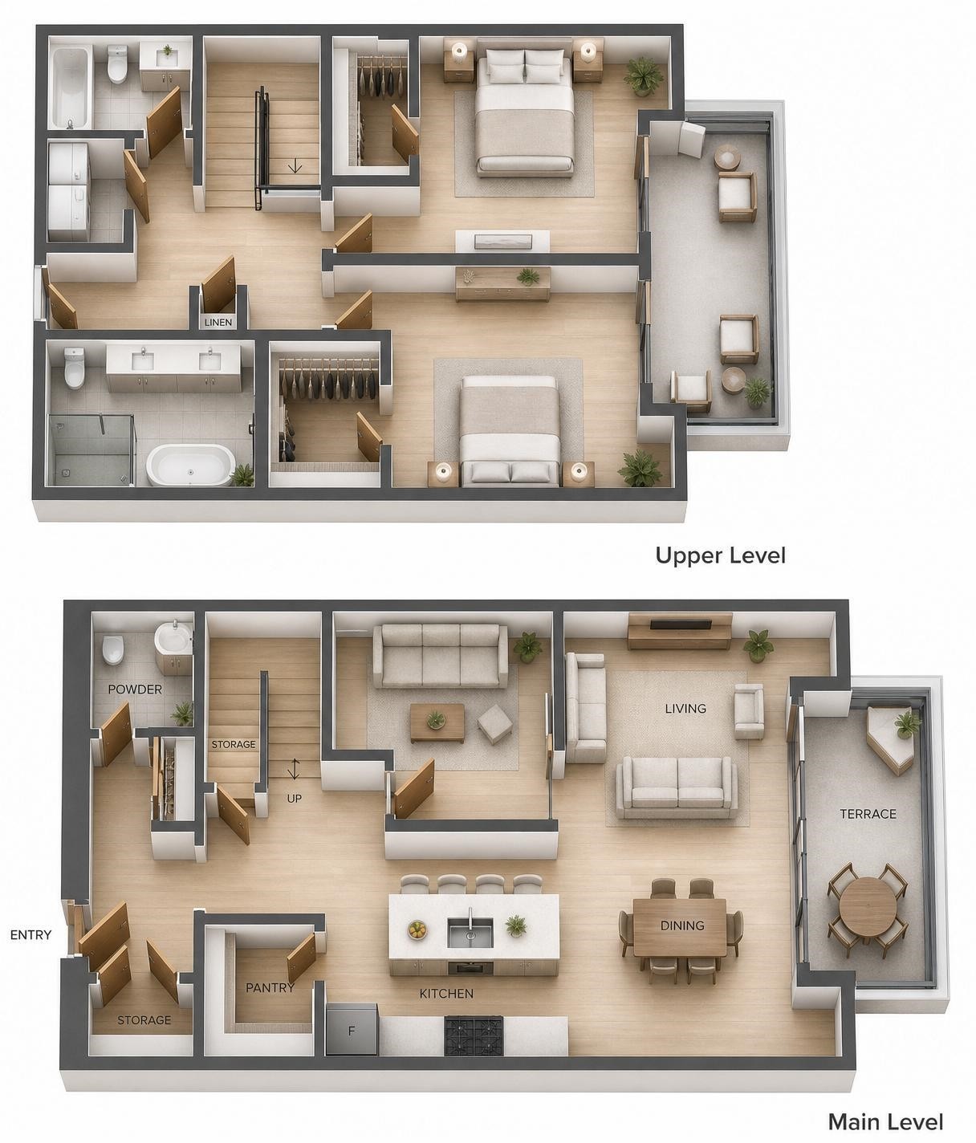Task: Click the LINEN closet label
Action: pos(218,323)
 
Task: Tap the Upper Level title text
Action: pos(721,555)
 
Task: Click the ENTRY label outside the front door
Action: pos(31,934)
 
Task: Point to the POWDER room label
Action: pos(135,689)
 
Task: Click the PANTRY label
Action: pos(270,987)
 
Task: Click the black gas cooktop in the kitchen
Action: pos(474,1035)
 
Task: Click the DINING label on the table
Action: pos(682,925)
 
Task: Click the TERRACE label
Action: pos(868,814)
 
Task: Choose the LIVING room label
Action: pos(685,709)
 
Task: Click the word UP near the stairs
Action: pos(295,799)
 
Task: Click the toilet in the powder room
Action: pos(113,649)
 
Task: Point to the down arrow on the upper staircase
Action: pos(295,165)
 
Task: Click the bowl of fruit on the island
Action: pos(417,929)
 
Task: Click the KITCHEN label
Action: pos(446,994)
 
